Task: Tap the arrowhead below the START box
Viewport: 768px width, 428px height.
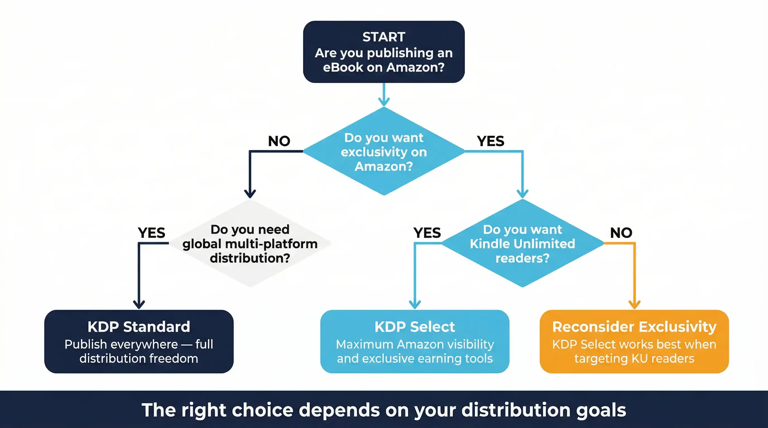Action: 384,102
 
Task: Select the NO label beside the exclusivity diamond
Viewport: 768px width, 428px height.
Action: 279,141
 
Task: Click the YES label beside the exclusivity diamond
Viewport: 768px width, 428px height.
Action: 490,141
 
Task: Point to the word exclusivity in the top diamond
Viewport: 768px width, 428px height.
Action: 384,152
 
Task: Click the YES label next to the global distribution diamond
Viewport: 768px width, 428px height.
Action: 152,233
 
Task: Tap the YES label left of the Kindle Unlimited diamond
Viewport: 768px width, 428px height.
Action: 427,233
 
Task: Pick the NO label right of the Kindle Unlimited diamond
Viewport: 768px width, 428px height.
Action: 621,233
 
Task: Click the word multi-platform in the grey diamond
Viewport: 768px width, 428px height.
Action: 271,244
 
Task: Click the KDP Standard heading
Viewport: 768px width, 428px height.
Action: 139,327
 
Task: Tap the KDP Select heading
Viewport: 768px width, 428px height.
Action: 415,327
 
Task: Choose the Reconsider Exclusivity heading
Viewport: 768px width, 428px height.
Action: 634,327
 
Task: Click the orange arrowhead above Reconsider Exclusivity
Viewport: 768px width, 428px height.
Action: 634,305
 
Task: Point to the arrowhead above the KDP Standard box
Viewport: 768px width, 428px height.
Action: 139,305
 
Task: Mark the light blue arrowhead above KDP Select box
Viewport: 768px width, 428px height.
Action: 415,305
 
